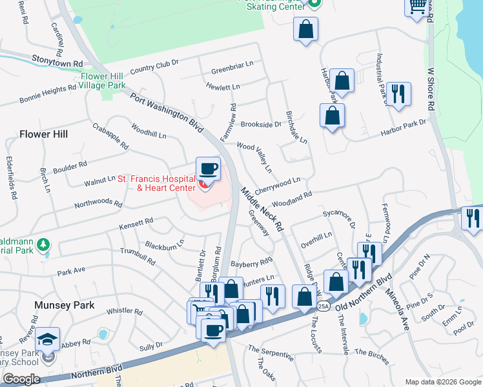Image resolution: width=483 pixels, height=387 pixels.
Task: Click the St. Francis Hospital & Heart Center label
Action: [156, 183]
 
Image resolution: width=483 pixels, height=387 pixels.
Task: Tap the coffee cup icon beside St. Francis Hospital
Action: [208, 169]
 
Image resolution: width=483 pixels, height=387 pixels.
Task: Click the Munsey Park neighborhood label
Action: [65, 305]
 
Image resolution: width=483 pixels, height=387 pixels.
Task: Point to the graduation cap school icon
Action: [47, 340]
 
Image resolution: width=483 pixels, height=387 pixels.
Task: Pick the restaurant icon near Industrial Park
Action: [400, 94]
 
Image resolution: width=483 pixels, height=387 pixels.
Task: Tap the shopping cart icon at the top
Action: [417, 6]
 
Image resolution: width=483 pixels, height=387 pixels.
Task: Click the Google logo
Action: [21, 379]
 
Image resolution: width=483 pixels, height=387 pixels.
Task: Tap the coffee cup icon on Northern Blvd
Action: [212, 330]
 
